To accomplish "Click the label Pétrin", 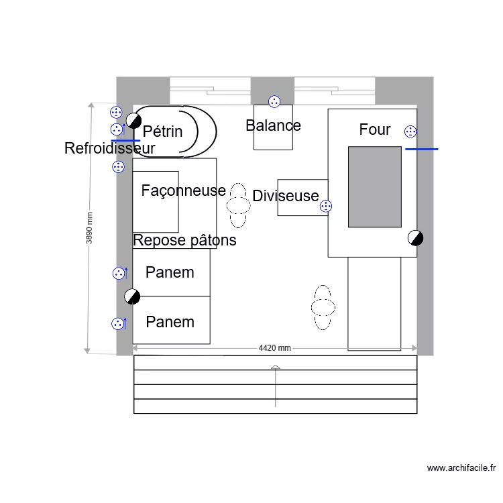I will [x=163, y=131].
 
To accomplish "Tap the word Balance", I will [x=273, y=125].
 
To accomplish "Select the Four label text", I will [x=374, y=129].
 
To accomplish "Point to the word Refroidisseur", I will [x=109, y=148].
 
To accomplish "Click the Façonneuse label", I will [x=183, y=190].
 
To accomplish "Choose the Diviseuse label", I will [x=286, y=196].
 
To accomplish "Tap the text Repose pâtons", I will [x=184, y=240].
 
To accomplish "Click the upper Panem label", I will [x=170, y=272].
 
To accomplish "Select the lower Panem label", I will [x=170, y=322].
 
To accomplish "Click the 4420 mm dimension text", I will [x=275, y=348].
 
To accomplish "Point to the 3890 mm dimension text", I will [x=90, y=229].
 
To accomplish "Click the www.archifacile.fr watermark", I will [x=461, y=468].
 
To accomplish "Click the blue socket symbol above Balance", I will [x=274, y=101].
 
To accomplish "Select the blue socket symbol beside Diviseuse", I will [x=326, y=207].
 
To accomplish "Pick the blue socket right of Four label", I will [x=410, y=131].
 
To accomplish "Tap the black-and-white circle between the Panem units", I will [x=132, y=296].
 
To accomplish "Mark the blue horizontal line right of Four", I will [x=422, y=149].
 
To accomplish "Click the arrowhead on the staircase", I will [x=276, y=368].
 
